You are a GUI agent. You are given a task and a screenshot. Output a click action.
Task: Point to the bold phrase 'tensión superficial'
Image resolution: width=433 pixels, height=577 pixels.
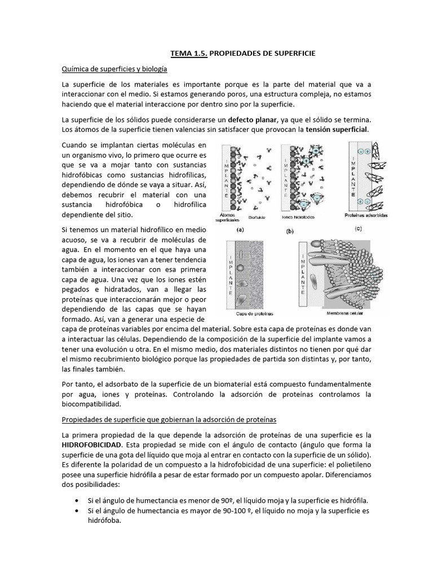pyautogui.click(x=336, y=129)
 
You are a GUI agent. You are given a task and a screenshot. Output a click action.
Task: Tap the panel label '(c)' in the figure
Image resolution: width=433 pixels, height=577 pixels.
pyautogui.click(x=374, y=228)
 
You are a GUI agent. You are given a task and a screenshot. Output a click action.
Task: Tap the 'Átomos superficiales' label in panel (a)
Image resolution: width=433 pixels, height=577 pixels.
pyautogui.click(x=232, y=218)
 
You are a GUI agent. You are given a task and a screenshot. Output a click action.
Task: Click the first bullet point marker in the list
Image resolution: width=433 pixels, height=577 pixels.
pyautogui.click(x=77, y=500)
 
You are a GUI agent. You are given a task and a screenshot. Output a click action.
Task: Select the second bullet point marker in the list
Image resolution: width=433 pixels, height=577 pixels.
pyautogui.click(x=77, y=511)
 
